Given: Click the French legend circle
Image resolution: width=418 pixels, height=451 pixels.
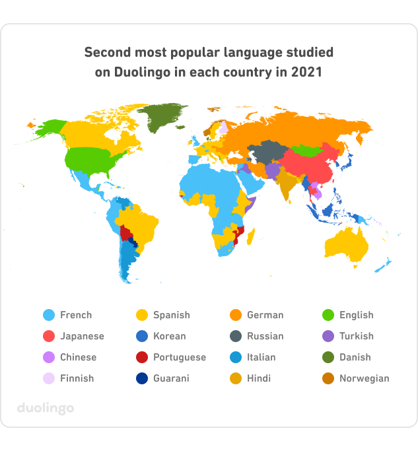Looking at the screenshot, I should pos(48,315).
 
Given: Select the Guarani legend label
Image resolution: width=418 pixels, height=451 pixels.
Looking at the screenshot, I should pos(171,378).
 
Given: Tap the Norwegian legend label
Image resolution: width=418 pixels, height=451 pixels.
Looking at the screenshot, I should pos(364,378).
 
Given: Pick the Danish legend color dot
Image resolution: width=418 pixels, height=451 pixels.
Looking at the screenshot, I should pos(328,357).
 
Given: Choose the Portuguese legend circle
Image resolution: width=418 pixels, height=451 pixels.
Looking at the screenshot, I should pos(142,357).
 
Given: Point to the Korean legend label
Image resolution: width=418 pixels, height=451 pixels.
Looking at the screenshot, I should pos(169,336).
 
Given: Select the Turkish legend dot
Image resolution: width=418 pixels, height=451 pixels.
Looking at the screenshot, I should pos(328,336).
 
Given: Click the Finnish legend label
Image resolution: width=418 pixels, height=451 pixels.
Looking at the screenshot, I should pos(77,378).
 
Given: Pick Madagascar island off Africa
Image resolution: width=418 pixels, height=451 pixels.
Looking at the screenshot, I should pos(253,238).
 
